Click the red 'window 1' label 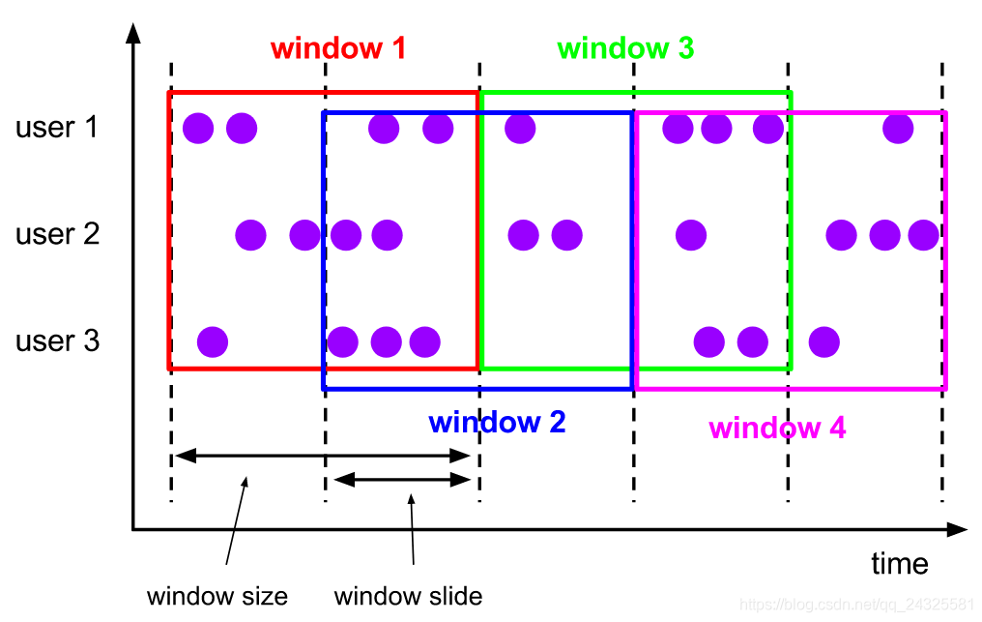[x=337, y=48]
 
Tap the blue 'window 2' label [x=497, y=423]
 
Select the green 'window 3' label [x=625, y=48]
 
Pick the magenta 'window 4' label [x=777, y=428]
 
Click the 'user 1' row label [x=57, y=127]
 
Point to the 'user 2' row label [x=57, y=234]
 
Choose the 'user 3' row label [x=57, y=341]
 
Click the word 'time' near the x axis [x=899, y=564]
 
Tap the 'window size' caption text [x=217, y=596]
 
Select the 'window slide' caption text [x=408, y=596]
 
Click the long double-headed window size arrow [x=325, y=455]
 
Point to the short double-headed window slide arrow [x=402, y=480]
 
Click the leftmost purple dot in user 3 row [x=212, y=341]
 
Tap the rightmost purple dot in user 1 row [x=898, y=128]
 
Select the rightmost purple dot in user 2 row [x=923, y=234]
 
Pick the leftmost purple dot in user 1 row [x=198, y=128]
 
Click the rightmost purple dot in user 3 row [x=823, y=341]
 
